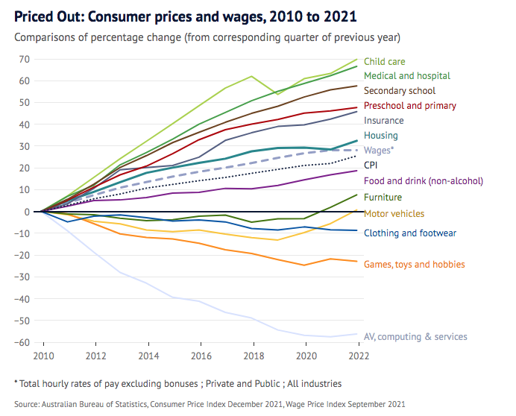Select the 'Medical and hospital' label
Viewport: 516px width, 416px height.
tap(406, 76)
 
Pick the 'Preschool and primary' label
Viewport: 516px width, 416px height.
tap(409, 106)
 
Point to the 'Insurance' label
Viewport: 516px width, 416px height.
tap(383, 121)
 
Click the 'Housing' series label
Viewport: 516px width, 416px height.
tap(380, 136)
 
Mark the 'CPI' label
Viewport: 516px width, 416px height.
tap(371, 166)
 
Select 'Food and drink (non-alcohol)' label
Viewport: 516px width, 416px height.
tap(423, 181)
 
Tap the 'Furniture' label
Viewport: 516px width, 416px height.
tap(383, 198)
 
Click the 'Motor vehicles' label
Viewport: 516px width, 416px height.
tap(394, 214)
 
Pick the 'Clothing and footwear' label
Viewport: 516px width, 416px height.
tap(409, 233)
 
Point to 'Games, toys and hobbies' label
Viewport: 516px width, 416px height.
tap(414, 265)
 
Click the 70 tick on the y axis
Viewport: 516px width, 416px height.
tap(25, 59)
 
